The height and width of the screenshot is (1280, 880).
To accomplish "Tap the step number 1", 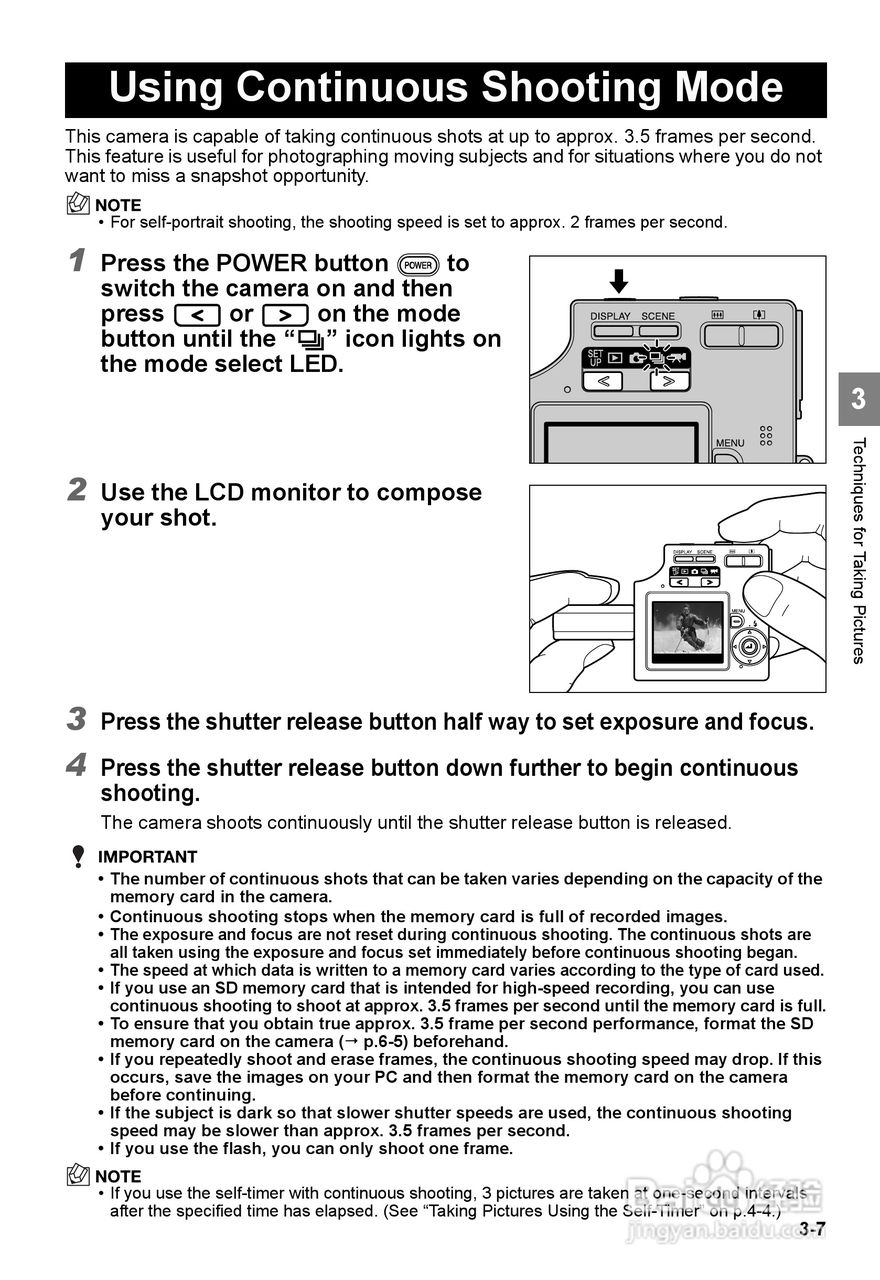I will click(76, 262).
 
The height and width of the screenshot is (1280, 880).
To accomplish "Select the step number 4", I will click(76, 767).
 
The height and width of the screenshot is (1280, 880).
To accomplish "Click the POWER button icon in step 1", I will click(417, 264).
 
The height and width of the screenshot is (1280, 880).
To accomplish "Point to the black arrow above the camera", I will click(619, 279).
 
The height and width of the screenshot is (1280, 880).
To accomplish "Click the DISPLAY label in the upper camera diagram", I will click(610, 316).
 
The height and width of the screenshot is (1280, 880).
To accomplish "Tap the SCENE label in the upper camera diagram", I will click(658, 316).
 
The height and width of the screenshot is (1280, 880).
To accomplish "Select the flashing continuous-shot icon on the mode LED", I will click(657, 357).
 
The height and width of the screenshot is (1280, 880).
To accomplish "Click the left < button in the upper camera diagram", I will click(602, 381).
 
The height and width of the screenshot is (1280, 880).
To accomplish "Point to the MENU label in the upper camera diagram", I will click(730, 443).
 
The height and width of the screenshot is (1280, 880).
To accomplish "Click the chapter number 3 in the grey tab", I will click(859, 401).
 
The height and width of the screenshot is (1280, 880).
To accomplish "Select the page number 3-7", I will click(812, 1230).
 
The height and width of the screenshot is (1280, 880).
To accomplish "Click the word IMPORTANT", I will click(147, 857).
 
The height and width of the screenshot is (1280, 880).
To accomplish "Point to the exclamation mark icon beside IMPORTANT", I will click(78, 857).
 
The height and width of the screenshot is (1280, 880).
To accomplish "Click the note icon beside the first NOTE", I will click(77, 205).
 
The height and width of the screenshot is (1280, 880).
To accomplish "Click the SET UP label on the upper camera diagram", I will click(594, 357).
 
